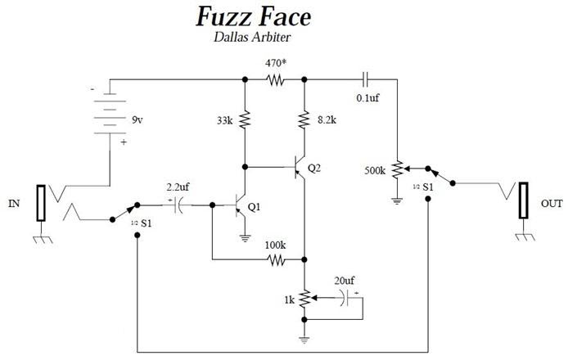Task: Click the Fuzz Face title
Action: [253, 17]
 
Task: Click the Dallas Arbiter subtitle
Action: [252, 37]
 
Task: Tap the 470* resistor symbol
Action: [275, 79]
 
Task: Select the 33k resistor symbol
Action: [245, 119]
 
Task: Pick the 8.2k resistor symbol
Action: [304, 119]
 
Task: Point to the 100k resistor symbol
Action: [276, 259]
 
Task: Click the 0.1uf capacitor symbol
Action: [366, 79]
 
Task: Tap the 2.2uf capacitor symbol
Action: [178, 205]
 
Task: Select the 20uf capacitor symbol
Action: [345, 298]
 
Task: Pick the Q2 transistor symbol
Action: [300, 168]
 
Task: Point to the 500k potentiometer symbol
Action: [398, 169]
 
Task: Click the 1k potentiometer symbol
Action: [305, 298]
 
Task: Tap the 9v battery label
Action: [137, 120]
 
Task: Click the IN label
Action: [14, 204]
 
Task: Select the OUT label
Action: [552, 204]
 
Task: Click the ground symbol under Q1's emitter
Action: [246, 238]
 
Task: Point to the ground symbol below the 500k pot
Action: [398, 200]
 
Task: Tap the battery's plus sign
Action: [124, 142]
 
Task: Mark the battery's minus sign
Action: [92, 88]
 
